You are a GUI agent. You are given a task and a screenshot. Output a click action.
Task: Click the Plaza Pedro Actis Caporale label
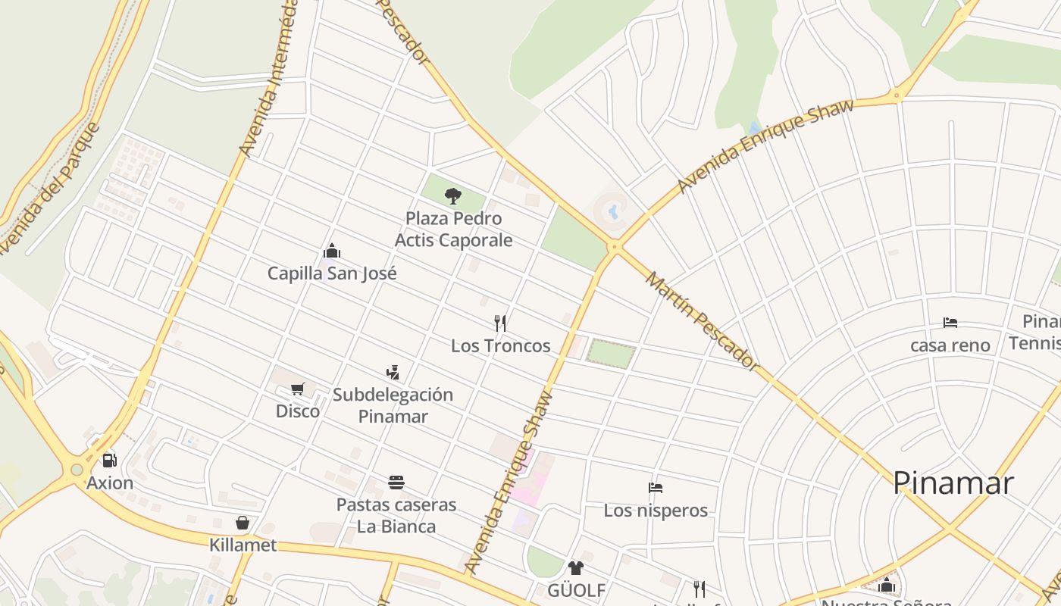pyautogui.click(x=453, y=230)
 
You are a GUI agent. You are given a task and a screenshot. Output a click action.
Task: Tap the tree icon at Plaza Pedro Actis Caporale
pyautogui.click(x=453, y=196)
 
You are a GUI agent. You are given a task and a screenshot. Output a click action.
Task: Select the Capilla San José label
pyautogui.click(x=332, y=273)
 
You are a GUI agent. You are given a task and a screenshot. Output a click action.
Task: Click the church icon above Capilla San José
pyautogui.click(x=332, y=251)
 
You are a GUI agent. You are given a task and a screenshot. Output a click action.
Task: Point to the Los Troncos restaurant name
pyautogui.click(x=500, y=346)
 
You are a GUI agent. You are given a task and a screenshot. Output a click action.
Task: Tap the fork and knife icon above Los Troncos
pyautogui.click(x=500, y=323)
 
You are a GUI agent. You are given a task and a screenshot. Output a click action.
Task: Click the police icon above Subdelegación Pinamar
pyautogui.click(x=393, y=372)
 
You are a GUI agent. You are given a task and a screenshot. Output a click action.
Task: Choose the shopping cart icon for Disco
pyautogui.click(x=298, y=389)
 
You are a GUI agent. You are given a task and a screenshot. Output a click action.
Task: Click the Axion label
pyautogui.click(x=110, y=483)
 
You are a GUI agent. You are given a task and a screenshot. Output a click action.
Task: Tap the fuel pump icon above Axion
pyautogui.click(x=110, y=461)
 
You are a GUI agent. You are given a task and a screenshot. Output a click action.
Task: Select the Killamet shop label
pyautogui.click(x=243, y=545)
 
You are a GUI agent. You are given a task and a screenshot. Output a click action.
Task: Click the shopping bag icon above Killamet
pyautogui.click(x=243, y=523)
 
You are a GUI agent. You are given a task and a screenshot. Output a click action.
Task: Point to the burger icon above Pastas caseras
pyautogui.click(x=396, y=482)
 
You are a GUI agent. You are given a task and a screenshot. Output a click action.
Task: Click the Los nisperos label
pyautogui.click(x=656, y=511)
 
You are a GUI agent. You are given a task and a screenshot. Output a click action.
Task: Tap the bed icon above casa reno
pyautogui.click(x=950, y=323)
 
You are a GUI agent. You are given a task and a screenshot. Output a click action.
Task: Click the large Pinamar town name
pyautogui.click(x=953, y=483)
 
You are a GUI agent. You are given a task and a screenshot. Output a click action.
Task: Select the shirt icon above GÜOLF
pyautogui.click(x=576, y=567)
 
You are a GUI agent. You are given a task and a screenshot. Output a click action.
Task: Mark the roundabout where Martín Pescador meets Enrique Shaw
pyautogui.click(x=615, y=246)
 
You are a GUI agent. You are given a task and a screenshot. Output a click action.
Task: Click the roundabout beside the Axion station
pyautogui.click(x=77, y=470)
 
